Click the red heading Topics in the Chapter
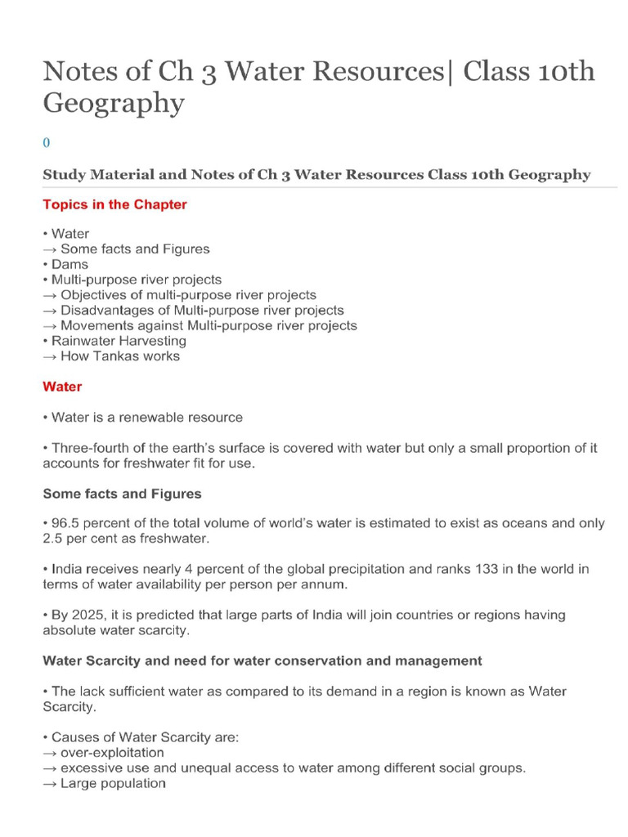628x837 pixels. coord(114,204)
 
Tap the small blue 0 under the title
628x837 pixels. coord(46,141)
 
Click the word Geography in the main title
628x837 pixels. coord(114,104)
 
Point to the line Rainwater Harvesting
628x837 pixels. coord(119,341)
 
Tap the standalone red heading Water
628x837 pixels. coord(62,386)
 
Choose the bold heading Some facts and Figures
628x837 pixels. coord(122,494)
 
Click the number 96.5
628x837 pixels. coord(66,523)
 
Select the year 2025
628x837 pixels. coord(86,615)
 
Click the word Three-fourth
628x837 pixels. coord(90,448)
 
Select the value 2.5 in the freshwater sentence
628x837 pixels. coord(52,539)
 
